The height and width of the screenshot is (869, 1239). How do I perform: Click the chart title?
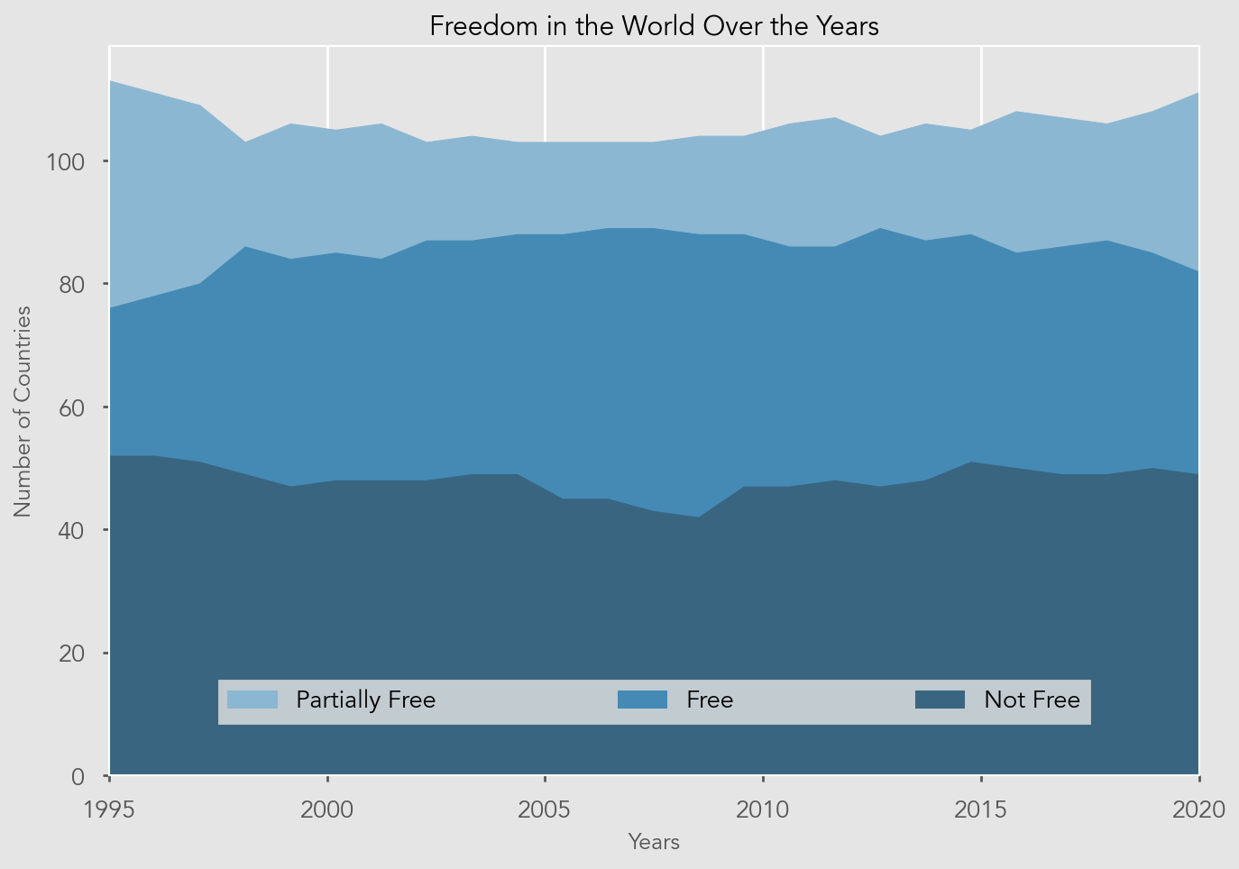654,26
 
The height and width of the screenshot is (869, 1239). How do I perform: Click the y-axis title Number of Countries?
23,411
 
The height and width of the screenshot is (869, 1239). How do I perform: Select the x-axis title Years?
654,842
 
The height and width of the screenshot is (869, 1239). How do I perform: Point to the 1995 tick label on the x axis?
109,810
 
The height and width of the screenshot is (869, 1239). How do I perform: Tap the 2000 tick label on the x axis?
327,810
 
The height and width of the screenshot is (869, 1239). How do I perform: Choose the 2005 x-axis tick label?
546,810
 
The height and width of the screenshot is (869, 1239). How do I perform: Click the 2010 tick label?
763,810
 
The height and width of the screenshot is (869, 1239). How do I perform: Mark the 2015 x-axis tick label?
981,810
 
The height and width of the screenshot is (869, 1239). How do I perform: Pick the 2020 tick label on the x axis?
1199,810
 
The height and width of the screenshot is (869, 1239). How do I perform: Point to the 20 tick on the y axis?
72,654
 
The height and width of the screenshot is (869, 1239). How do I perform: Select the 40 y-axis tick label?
72,530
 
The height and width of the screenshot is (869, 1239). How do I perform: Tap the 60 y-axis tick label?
72,407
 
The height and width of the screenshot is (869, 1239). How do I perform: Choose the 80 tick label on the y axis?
72,285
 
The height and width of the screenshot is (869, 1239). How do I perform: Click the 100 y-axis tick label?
66,162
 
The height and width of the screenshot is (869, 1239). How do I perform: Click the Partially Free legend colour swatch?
252,700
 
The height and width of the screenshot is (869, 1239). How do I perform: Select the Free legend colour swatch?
642,700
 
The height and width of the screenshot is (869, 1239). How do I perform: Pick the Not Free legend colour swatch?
940,700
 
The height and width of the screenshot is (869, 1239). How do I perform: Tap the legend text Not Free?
1032,700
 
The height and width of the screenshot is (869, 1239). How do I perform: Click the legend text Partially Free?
365,700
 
